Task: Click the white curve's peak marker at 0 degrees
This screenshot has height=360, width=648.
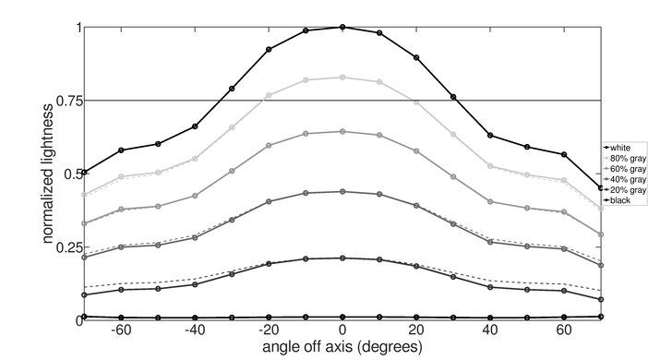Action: click(x=342, y=27)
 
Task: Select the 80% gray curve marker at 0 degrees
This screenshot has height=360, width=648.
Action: click(x=342, y=78)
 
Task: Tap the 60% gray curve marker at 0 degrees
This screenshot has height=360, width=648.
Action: click(x=342, y=131)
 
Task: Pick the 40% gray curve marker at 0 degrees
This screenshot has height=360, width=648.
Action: click(x=342, y=192)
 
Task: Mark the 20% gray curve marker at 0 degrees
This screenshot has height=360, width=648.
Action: click(x=342, y=258)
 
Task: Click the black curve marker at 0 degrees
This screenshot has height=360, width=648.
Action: click(x=342, y=318)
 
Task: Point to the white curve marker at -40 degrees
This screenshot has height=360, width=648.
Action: click(x=195, y=126)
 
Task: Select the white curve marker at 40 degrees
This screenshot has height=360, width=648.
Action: click(x=490, y=136)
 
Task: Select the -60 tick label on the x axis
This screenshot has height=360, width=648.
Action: click(x=119, y=330)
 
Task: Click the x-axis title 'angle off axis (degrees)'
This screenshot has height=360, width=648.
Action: click(x=342, y=347)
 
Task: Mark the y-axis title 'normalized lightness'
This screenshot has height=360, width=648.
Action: click(x=45, y=173)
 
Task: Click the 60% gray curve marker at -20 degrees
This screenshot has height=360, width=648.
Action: click(x=269, y=145)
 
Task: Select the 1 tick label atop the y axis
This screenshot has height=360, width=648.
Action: click(x=78, y=28)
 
